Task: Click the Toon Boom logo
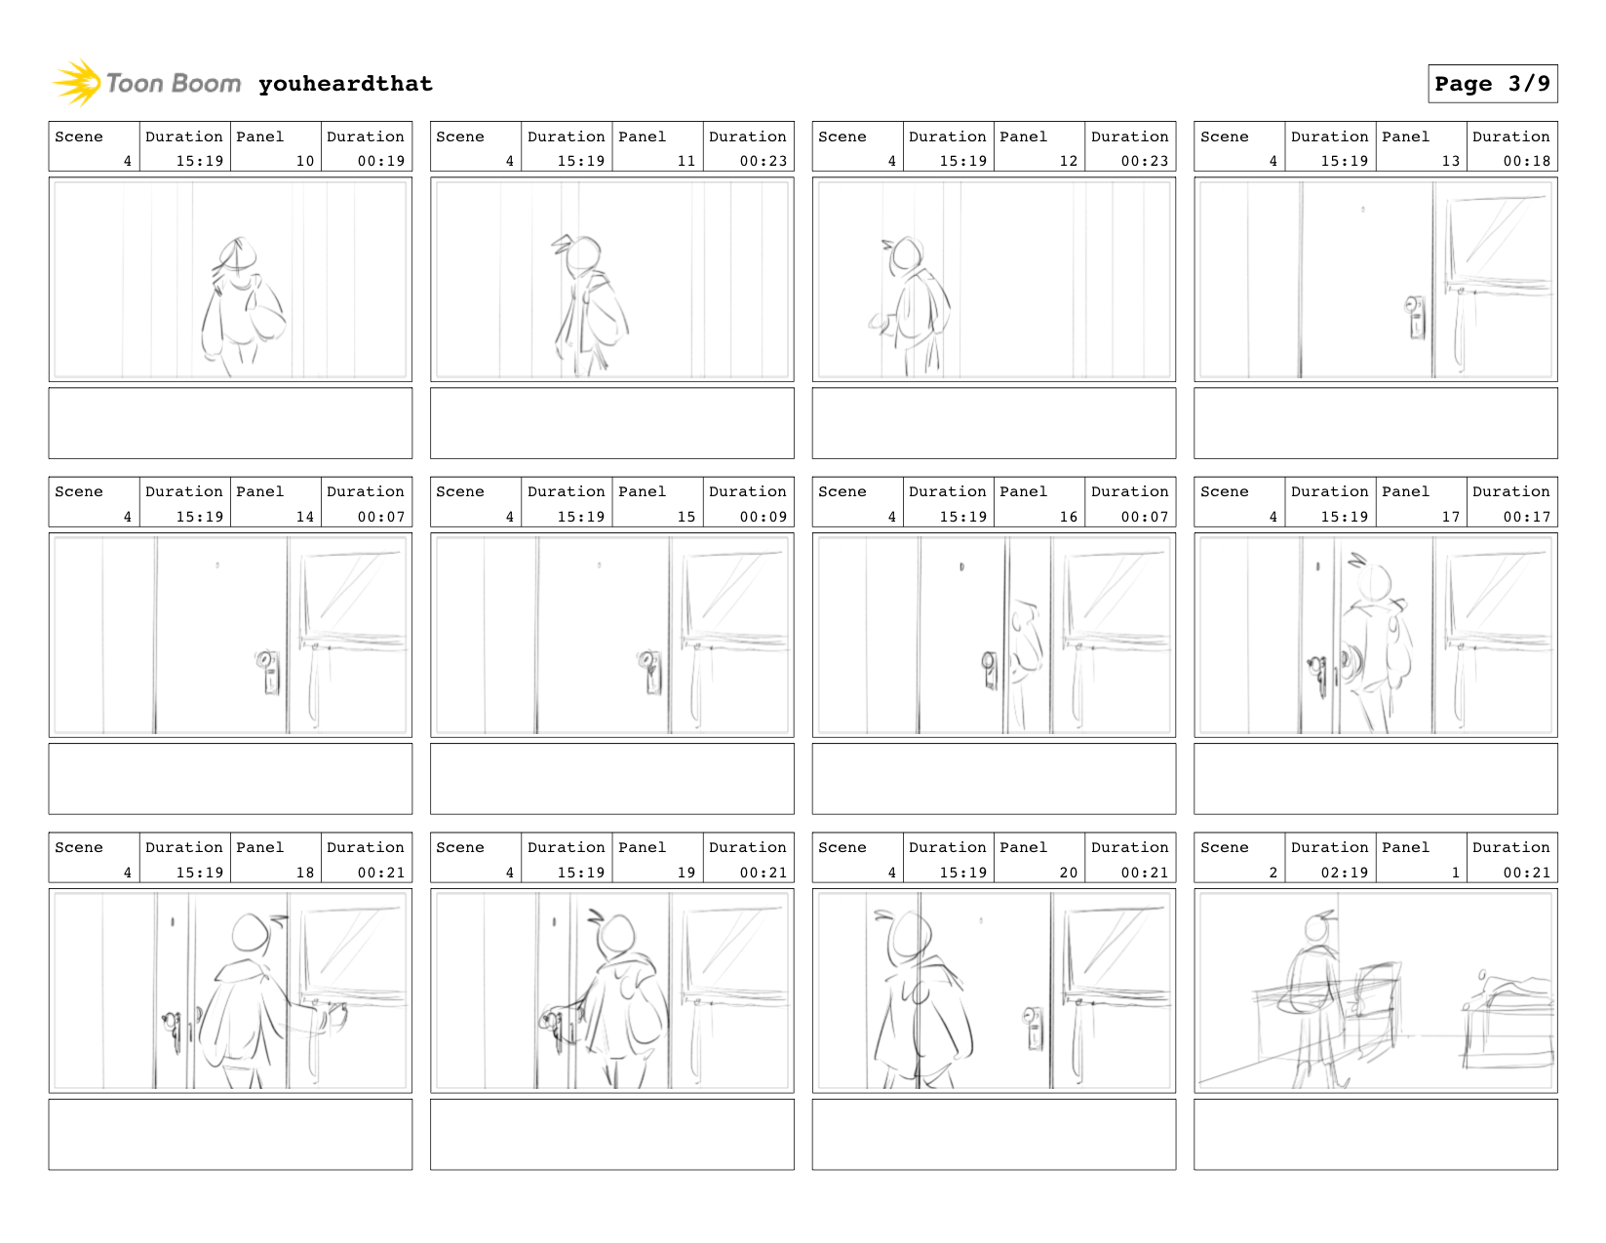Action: point(146,83)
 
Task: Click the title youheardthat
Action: point(345,84)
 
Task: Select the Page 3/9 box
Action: point(1492,84)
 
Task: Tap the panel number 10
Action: point(304,161)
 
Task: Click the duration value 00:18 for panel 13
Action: point(1526,161)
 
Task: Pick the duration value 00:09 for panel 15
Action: point(763,517)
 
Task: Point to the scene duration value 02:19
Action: point(1344,873)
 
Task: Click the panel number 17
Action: point(1450,517)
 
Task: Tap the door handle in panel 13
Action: point(1415,317)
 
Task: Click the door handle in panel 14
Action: point(268,671)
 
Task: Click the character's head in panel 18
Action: point(251,932)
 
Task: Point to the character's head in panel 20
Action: point(910,932)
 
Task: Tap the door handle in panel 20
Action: point(1033,1027)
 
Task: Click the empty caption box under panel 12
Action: point(994,422)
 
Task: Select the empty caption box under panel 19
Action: point(612,1134)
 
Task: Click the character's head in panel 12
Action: point(906,254)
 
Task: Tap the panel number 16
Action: point(1068,517)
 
